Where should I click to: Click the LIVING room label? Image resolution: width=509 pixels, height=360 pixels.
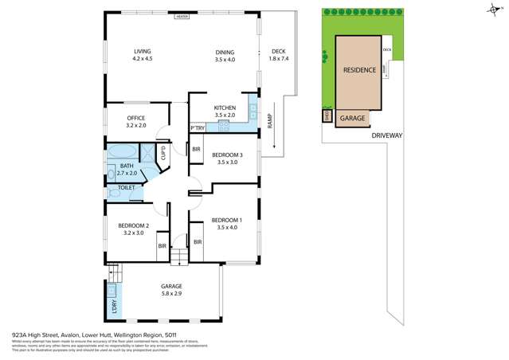pos(142,52)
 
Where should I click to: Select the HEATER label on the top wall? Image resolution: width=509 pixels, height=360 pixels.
pos(182,15)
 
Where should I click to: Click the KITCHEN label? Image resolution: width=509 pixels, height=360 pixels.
pos(225,108)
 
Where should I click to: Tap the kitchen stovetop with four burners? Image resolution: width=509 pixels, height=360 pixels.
pos(225,125)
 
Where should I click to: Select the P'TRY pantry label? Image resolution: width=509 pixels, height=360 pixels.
pos(198,128)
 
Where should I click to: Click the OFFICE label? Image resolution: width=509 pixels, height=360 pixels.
pos(135,118)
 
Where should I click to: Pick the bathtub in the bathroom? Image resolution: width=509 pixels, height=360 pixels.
pos(121,151)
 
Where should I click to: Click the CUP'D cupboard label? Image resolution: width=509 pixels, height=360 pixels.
pos(163,152)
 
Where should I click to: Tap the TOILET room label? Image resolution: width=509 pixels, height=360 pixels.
pos(127,187)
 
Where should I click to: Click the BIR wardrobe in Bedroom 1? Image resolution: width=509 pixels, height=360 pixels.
pos(198,241)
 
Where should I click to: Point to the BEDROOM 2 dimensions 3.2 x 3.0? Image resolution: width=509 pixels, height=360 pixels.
pos(133,233)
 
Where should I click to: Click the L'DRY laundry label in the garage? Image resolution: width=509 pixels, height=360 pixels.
pos(113,304)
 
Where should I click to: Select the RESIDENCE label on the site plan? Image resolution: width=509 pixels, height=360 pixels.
pos(359,70)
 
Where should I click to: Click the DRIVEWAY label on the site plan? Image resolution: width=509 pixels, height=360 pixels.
pos(387,135)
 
